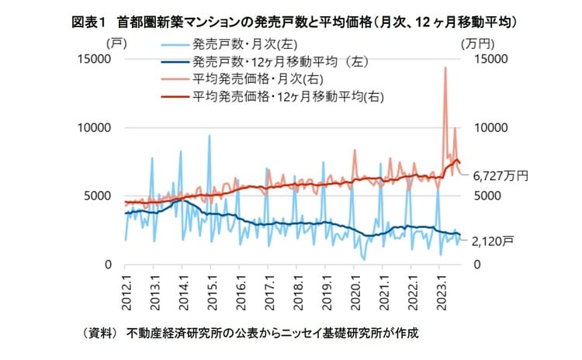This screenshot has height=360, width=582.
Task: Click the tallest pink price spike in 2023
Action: coord(445,68)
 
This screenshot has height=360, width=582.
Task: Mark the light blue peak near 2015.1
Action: coord(209,136)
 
